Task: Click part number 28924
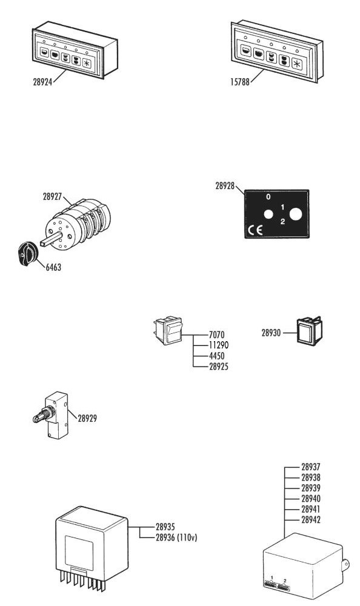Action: (42, 82)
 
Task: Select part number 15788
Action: (240, 82)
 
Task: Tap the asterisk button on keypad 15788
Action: (296, 64)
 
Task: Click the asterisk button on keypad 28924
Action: (87, 64)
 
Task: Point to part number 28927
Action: (52, 197)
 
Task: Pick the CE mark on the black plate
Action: (255, 231)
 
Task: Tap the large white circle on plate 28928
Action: (295, 214)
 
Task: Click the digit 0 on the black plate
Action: (268, 197)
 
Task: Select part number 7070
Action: (216, 335)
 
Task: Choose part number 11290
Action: (218, 345)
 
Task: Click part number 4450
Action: (216, 356)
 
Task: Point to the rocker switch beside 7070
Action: (168, 330)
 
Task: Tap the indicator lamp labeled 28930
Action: (309, 330)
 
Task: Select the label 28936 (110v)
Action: (176, 538)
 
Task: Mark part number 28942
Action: (311, 520)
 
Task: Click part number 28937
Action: (311, 467)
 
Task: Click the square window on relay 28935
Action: (79, 553)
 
